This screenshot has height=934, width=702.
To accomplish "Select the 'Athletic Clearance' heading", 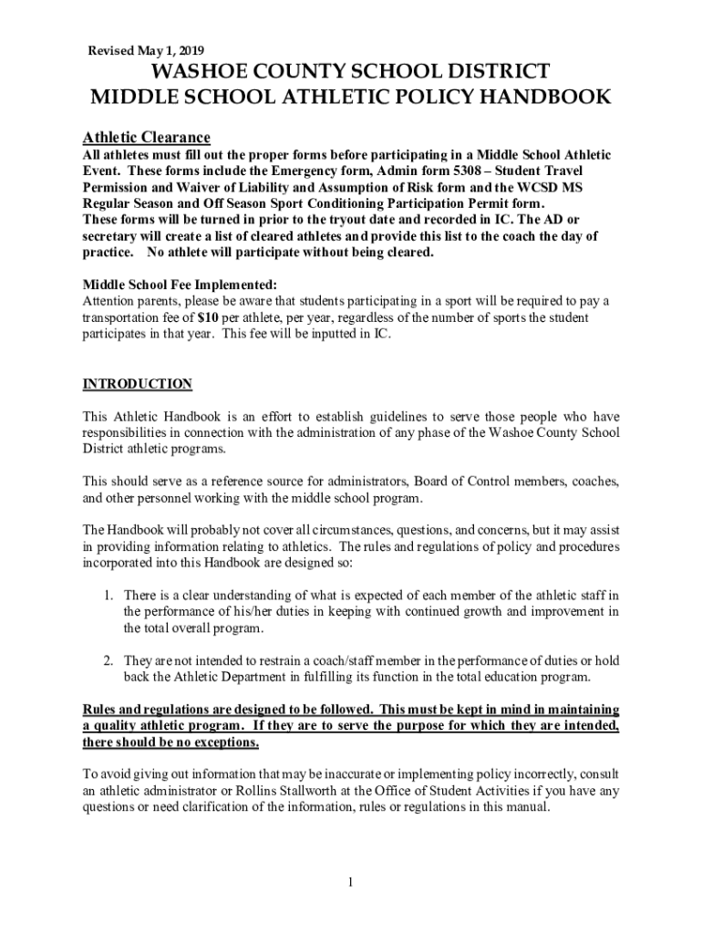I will point(147,137).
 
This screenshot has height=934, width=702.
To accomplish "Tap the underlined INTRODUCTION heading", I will point(138,383).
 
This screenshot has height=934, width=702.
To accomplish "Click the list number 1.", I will point(107,596).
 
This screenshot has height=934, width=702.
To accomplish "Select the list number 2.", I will point(107,660).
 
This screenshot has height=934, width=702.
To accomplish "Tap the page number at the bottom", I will point(350,882).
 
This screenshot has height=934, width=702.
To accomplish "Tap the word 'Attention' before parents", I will point(109,301).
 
